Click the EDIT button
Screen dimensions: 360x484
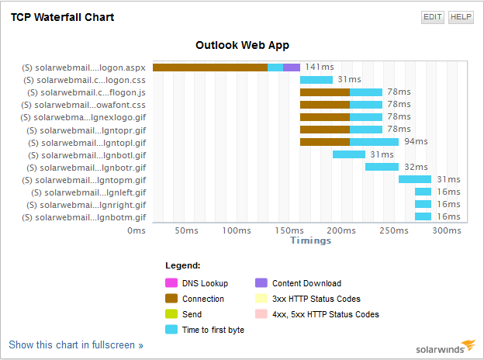(x=433, y=17)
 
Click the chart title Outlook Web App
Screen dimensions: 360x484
(x=241, y=46)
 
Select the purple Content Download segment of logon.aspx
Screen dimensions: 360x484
(x=292, y=67)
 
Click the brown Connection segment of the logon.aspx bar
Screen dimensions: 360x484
(x=209, y=67)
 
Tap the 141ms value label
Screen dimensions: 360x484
(x=319, y=67)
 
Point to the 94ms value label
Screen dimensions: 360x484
(x=416, y=142)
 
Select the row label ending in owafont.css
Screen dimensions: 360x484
(x=87, y=105)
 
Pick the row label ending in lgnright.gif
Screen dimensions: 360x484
(x=89, y=204)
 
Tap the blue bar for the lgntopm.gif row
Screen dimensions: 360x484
(x=415, y=179)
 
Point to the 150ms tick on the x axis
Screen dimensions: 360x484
(x=288, y=230)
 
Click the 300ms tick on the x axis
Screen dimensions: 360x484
(x=446, y=230)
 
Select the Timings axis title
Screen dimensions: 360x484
(x=310, y=241)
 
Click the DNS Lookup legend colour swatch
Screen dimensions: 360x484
(x=171, y=283)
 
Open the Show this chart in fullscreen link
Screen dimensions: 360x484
(x=76, y=344)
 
